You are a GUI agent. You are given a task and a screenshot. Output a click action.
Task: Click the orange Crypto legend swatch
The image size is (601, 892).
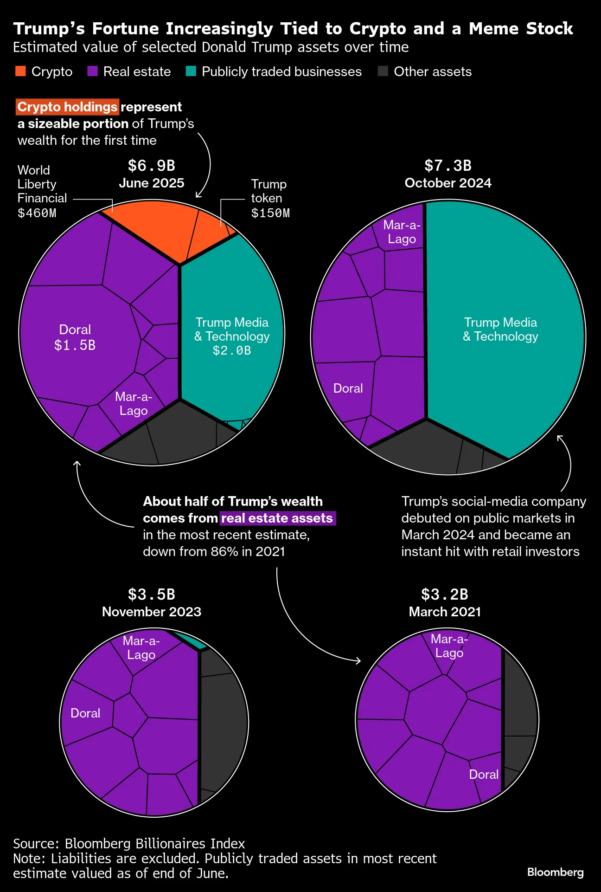(20, 71)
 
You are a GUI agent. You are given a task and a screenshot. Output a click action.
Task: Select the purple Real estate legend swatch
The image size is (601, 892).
(92, 71)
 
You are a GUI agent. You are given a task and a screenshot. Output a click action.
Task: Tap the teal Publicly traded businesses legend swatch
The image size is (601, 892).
(191, 71)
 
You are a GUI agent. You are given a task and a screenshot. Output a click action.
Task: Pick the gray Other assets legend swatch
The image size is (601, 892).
(383, 71)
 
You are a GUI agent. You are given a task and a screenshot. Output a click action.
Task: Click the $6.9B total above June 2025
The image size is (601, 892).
(151, 166)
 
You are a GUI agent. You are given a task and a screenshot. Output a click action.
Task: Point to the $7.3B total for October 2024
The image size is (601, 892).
(448, 166)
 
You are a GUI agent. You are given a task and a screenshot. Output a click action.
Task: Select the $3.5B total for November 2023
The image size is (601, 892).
(151, 595)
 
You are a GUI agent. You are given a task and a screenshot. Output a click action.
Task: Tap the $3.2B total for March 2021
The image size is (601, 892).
(444, 595)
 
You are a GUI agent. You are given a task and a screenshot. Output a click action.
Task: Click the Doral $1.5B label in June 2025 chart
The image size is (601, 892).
(75, 337)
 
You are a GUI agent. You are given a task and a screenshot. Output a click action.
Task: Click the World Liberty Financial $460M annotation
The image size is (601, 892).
(42, 191)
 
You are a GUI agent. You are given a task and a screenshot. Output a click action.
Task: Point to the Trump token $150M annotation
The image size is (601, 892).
(270, 199)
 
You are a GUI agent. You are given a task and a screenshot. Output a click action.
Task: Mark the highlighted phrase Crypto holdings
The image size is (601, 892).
(67, 107)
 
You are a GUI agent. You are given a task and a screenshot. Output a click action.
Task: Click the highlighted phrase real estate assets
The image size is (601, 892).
(277, 518)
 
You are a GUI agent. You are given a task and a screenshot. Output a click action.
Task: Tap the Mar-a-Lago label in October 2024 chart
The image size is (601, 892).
(402, 232)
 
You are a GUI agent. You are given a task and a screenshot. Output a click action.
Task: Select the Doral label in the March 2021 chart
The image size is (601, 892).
(483, 774)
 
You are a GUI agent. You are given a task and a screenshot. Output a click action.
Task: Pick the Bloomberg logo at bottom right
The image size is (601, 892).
(555, 872)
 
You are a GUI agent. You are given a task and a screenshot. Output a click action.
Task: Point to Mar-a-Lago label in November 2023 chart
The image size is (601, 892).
(141, 648)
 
